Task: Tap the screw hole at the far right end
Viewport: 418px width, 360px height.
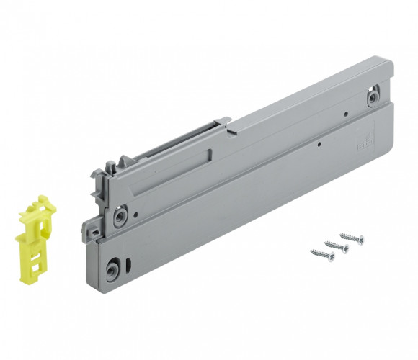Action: (373, 98)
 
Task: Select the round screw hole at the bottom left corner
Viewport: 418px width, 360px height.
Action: (113, 271)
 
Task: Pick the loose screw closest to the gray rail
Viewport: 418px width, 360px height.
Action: (352, 238)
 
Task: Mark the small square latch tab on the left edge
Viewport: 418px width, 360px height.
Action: (93, 232)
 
